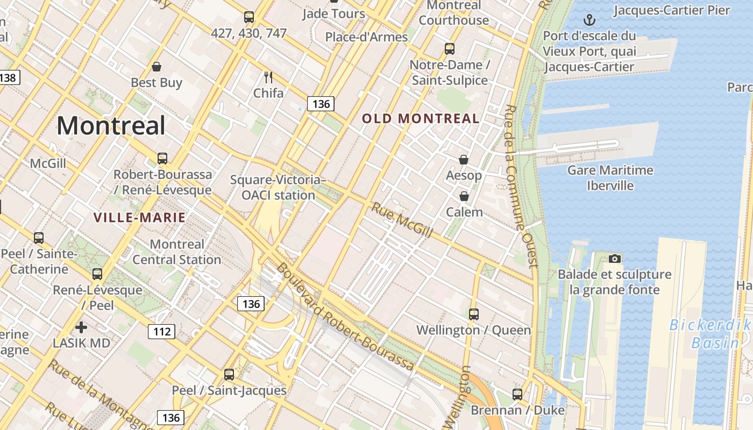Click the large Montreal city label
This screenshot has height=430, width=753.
tap(111, 126)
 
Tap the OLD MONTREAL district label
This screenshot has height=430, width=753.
tap(421, 119)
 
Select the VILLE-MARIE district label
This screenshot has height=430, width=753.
tap(139, 218)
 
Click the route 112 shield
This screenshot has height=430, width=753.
tap(162, 331)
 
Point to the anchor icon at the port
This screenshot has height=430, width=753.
tap(590, 20)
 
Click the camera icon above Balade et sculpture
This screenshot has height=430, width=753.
tap(614, 259)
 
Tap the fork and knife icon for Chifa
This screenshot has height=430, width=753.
tap(268, 77)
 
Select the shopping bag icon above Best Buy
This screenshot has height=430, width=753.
tap(157, 67)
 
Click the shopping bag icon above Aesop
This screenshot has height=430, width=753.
tap(464, 160)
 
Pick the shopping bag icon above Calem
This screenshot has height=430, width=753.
tap(464, 196)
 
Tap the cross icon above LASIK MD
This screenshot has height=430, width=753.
tap(81, 327)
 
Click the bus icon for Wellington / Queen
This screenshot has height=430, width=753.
tap(473, 314)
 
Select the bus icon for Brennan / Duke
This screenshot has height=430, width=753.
tap(517, 394)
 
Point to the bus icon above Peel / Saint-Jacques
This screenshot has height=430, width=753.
tap(229, 374)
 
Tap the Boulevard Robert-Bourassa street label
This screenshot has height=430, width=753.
tap(345, 317)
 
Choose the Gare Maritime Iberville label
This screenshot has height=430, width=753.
tap(610, 178)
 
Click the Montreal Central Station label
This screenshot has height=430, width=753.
tap(177, 252)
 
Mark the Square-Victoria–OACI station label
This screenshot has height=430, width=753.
tap(278, 188)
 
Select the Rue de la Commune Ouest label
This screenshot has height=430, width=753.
tap(520, 185)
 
